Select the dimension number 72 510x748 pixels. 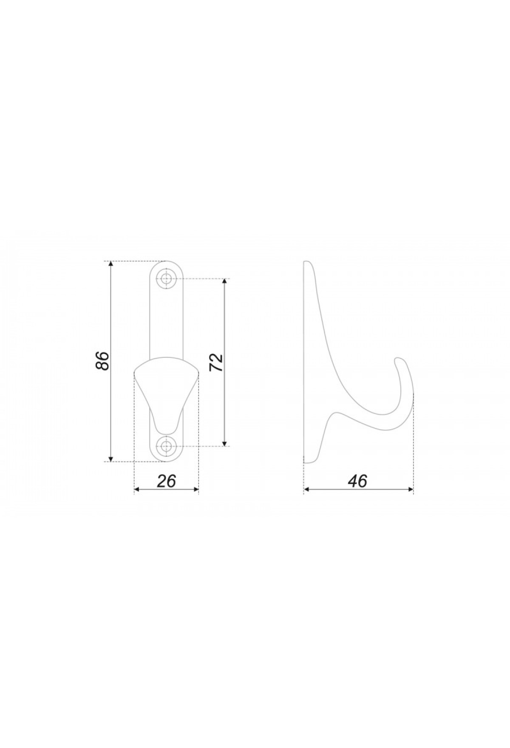pyautogui.click(x=217, y=362)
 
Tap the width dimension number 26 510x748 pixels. pyautogui.click(x=166, y=481)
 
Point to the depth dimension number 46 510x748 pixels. pyautogui.click(x=357, y=481)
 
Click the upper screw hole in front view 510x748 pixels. pyautogui.click(x=167, y=279)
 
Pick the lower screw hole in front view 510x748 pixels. pyautogui.click(x=167, y=446)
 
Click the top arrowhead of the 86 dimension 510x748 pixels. pyautogui.click(x=111, y=265)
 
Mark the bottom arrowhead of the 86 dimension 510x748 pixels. pyautogui.click(x=111, y=457)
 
